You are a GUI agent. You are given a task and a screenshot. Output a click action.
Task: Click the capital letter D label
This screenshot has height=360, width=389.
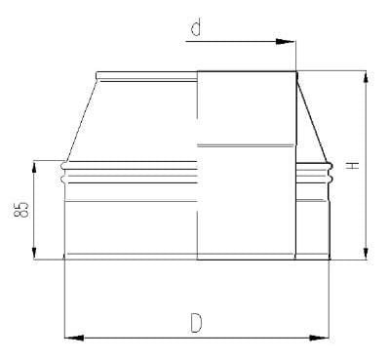pyautogui.click(x=196, y=323)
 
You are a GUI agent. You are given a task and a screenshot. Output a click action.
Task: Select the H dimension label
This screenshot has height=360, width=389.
pyautogui.click(x=352, y=166)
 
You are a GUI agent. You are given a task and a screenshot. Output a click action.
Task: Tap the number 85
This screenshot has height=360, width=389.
pyautogui.click(x=21, y=210)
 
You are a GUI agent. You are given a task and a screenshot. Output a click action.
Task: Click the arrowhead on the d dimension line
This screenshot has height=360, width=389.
pyautogui.click(x=285, y=42)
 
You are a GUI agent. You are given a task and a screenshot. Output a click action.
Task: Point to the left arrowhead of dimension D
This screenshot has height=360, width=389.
pyautogui.click(x=74, y=338)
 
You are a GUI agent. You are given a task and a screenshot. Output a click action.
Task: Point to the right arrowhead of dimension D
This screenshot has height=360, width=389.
pyautogui.click(x=319, y=338)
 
